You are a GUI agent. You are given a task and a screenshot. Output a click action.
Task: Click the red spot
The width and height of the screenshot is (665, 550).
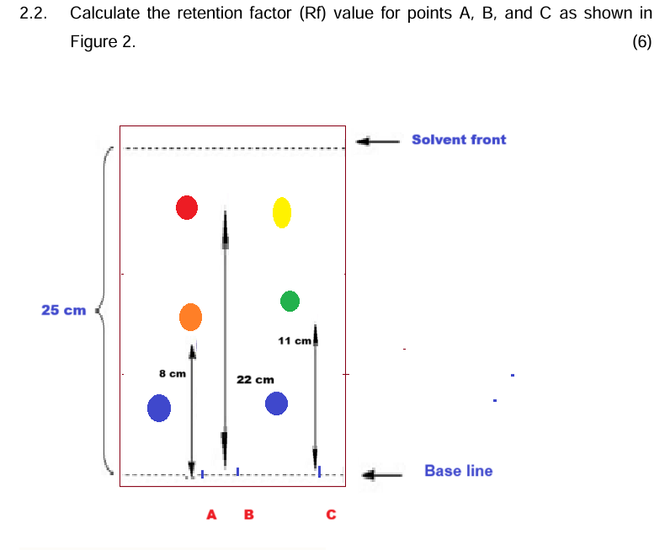coord(187,207)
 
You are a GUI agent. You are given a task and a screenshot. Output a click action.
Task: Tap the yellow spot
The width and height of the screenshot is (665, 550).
coord(282,212)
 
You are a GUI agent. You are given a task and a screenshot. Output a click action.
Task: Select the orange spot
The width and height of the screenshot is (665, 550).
coord(191,317)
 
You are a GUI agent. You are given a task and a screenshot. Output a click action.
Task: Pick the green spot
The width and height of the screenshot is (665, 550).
coord(290,301)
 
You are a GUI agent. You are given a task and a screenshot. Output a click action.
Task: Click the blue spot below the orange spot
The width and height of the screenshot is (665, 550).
coord(159,408)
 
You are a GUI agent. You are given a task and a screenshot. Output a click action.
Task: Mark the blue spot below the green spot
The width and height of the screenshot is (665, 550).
coord(277,404)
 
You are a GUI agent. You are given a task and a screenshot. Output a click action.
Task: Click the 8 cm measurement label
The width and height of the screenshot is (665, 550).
coord(172,373)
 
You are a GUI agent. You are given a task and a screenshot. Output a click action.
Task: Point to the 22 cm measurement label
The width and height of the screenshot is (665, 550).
coord(255,380)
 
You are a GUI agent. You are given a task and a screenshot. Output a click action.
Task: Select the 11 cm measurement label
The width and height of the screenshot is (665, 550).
coord(295,340)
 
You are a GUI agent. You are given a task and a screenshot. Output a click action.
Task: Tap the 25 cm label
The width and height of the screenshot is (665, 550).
coord(64,310)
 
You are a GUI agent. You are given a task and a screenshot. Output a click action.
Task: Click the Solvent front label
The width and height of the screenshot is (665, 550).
coord(459,140)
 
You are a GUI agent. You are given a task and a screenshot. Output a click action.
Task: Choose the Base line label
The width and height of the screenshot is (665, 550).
coord(458,471)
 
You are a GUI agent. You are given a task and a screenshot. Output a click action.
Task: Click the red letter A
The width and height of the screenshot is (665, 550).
coord(212,514)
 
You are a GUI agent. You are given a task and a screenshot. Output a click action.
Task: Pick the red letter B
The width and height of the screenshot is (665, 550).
coord(248,514)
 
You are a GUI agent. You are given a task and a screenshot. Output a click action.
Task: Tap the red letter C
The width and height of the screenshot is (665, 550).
coord(331,514)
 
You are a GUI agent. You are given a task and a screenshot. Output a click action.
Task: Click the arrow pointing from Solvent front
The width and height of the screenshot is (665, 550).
coord(376,142)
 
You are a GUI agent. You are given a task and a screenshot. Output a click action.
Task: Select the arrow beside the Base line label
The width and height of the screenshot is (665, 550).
coord(381,475)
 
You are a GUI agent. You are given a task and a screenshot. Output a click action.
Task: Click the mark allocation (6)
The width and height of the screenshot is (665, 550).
coord(641,41)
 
